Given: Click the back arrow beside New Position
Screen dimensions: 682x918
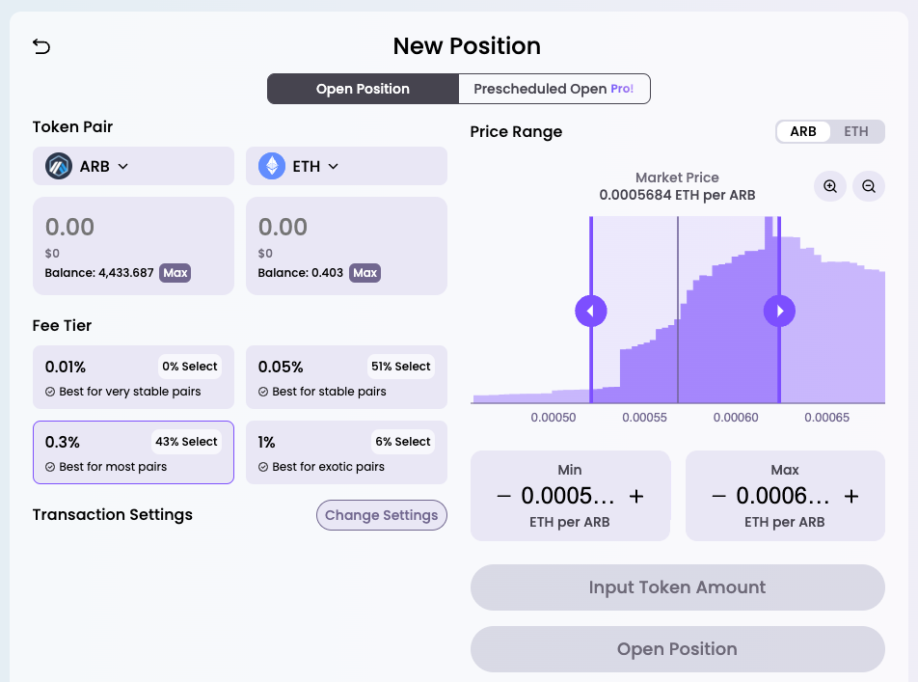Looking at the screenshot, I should click(x=41, y=46).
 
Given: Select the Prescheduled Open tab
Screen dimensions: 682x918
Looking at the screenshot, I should click(x=553, y=89).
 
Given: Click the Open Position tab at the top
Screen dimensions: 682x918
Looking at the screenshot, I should click(x=363, y=89).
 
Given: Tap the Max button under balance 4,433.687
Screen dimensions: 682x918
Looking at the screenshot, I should click(x=175, y=273).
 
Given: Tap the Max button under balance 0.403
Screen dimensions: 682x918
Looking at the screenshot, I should click(x=364, y=273).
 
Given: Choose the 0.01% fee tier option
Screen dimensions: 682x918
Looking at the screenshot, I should click(x=133, y=377).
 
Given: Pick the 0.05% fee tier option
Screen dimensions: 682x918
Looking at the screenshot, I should click(x=346, y=377).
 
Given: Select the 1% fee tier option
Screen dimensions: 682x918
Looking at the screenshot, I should click(x=346, y=452).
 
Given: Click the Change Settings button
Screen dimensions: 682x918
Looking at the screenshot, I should click(x=382, y=515).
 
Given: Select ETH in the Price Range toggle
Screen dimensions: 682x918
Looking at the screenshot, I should click(x=856, y=132).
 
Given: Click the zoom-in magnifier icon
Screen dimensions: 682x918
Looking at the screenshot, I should click(x=830, y=186).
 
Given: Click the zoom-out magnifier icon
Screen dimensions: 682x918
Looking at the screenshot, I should click(x=869, y=186).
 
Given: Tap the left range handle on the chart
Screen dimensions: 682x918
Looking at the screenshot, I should click(x=590, y=311).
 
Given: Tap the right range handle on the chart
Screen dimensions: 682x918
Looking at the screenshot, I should click(x=779, y=311).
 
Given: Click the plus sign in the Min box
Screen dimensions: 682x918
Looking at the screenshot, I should click(x=636, y=497).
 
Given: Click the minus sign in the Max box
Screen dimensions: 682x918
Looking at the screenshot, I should click(x=718, y=497).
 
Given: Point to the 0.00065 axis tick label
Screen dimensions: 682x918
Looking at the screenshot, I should click(x=826, y=418).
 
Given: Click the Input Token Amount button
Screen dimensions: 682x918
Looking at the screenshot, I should click(x=677, y=587).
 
